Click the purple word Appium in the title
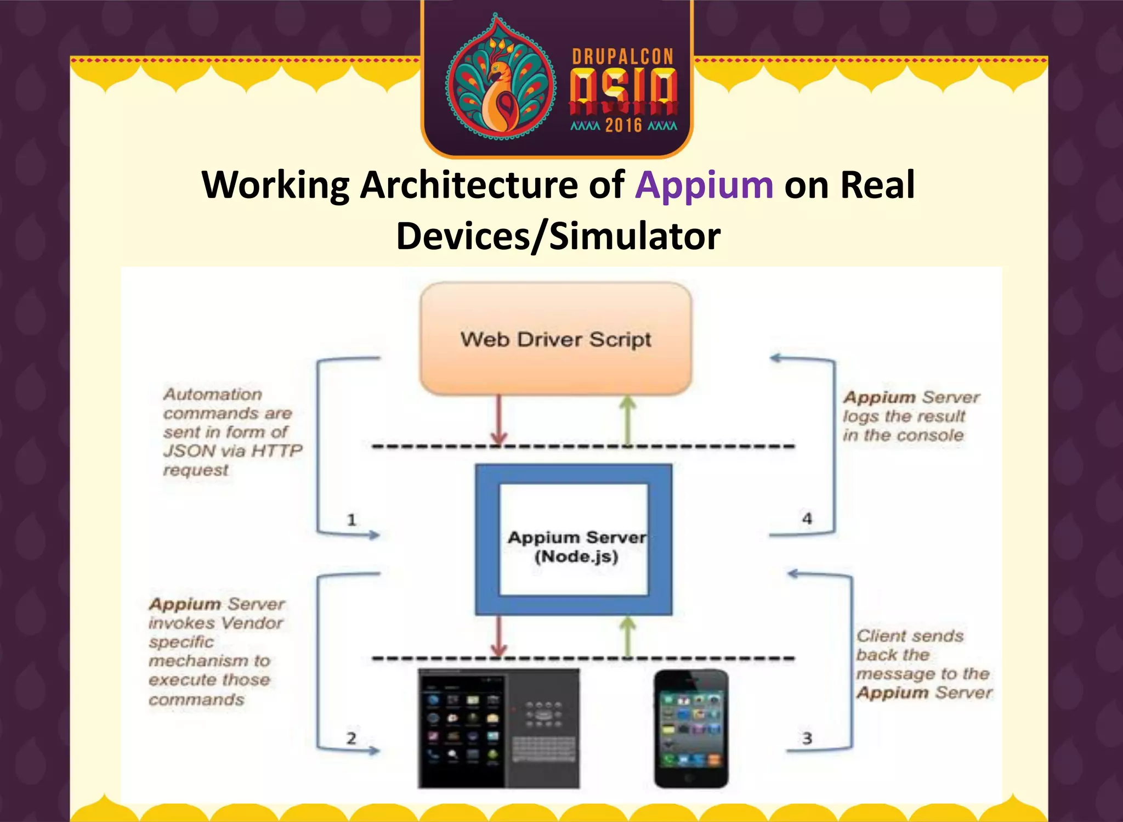(x=704, y=185)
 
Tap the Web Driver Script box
(x=555, y=339)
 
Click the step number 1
(x=351, y=519)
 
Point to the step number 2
(x=351, y=738)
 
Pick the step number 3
(x=807, y=738)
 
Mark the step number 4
(x=807, y=519)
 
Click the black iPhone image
(x=691, y=729)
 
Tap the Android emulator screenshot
(x=498, y=729)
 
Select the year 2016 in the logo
(x=623, y=126)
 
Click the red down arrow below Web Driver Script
(x=498, y=420)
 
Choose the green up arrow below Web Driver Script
(x=627, y=420)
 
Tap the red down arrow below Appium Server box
(x=498, y=635)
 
